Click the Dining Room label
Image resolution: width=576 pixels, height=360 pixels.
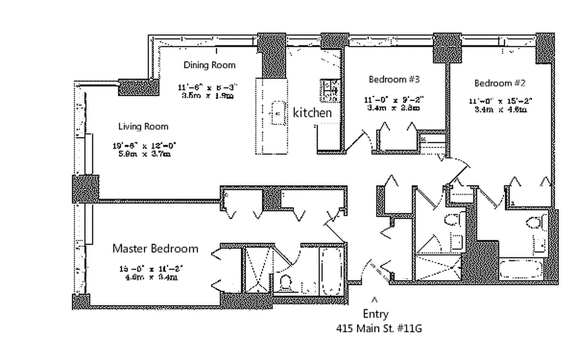pyautogui.click(x=209, y=65)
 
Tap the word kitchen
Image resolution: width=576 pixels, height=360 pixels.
pyautogui.click(x=312, y=112)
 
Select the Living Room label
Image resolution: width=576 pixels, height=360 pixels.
pyautogui.click(x=143, y=126)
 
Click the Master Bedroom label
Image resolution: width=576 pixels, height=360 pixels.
pyautogui.click(x=155, y=248)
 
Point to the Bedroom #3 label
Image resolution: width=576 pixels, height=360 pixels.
pyautogui.click(x=394, y=80)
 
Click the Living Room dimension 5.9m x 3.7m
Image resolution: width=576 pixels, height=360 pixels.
pyautogui.click(x=141, y=154)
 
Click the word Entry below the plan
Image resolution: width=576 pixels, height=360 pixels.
pyautogui.click(x=375, y=314)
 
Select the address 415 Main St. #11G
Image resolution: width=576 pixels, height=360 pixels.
pyautogui.click(x=379, y=328)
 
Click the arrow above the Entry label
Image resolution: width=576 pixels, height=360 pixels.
pyautogui.click(x=374, y=299)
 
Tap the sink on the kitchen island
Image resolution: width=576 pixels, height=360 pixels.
pyautogui.click(x=277, y=113)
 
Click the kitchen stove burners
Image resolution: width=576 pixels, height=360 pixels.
pyautogui.click(x=329, y=90)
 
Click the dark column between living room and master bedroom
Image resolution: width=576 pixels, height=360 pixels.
pyautogui.click(x=85, y=189)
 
